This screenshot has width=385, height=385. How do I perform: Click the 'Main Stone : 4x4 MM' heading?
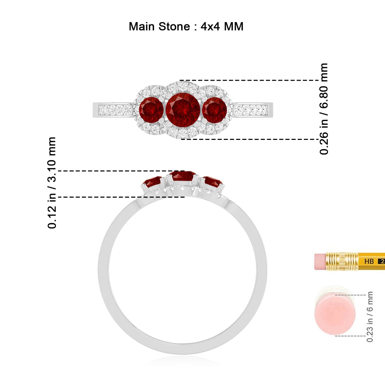[x=186, y=26]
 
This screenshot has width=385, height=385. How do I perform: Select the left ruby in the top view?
[x=151, y=110]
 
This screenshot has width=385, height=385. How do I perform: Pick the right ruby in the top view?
[x=214, y=110]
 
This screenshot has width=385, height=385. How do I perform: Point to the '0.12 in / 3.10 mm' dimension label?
[x=52, y=183]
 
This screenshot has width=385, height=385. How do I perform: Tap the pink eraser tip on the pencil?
[x=320, y=262]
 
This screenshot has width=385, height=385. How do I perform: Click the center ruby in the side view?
[x=183, y=176]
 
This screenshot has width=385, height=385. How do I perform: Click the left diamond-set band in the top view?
[x=113, y=110]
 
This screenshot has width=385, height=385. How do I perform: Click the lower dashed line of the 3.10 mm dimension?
[x=121, y=197]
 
